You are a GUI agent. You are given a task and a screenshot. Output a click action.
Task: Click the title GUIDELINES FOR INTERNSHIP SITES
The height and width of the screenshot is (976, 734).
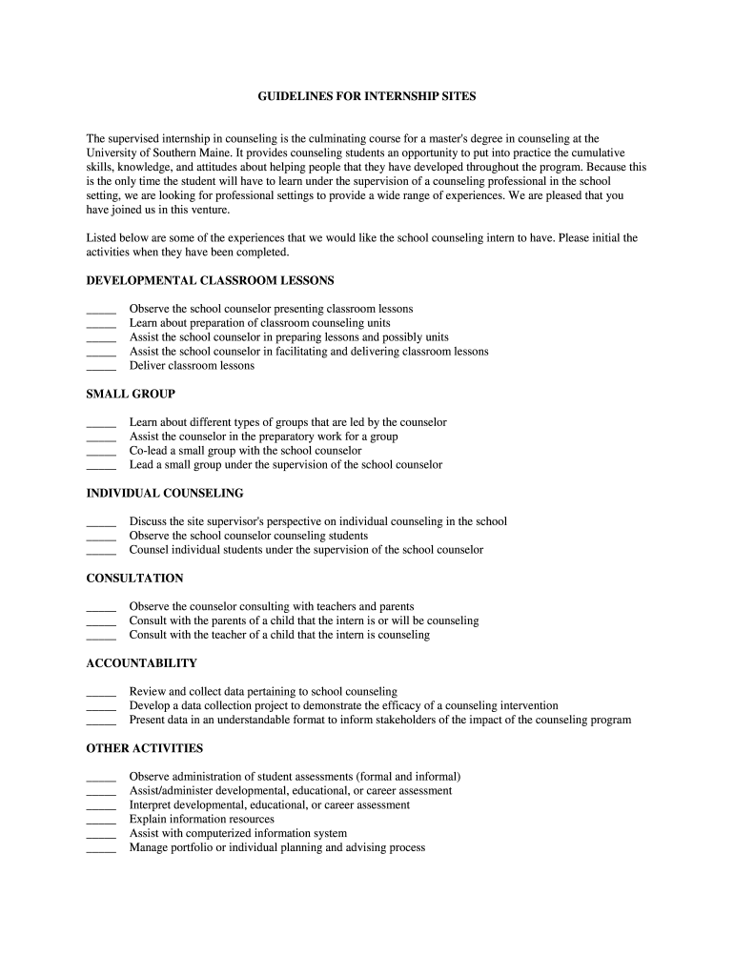(x=367, y=96)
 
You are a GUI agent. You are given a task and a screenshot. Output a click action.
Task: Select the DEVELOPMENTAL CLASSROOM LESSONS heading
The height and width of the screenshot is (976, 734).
(x=210, y=280)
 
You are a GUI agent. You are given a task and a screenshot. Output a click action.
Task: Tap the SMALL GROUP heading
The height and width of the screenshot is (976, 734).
(x=131, y=394)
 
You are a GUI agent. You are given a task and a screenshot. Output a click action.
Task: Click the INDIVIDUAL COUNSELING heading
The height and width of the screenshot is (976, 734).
(x=165, y=493)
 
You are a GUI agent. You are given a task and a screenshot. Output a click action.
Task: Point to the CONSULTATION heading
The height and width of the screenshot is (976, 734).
(x=134, y=578)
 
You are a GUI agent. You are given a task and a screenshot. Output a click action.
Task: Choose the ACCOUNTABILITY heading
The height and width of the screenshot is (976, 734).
(x=141, y=662)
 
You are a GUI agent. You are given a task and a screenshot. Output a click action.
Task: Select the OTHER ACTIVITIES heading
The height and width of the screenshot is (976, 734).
(x=144, y=748)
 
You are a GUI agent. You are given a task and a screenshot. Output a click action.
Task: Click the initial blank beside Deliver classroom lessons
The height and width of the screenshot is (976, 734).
(x=100, y=367)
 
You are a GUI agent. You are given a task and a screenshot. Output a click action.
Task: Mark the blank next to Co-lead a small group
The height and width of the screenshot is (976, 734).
(x=100, y=452)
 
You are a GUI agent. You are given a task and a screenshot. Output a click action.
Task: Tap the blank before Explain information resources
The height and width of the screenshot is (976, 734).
(x=100, y=821)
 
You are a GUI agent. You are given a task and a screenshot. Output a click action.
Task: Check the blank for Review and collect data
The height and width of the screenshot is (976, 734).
(x=100, y=693)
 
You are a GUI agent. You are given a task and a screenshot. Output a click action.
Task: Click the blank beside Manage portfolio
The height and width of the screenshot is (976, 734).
(x=100, y=849)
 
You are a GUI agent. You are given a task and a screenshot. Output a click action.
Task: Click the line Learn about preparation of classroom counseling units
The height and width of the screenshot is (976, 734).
(x=259, y=323)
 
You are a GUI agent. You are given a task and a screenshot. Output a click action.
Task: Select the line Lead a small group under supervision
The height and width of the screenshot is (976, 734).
(x=286, y=465)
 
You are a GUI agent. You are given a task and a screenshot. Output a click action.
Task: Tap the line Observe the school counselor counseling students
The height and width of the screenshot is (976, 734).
(x=248, y=536)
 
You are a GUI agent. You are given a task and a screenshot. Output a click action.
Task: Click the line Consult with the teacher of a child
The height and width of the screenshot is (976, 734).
(x=279, y=635)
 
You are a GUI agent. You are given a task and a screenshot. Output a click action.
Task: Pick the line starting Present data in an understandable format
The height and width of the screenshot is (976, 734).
(x=379, y=720)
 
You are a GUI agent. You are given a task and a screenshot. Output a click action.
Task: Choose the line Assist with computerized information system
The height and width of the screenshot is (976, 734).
(x=237, y=833)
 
